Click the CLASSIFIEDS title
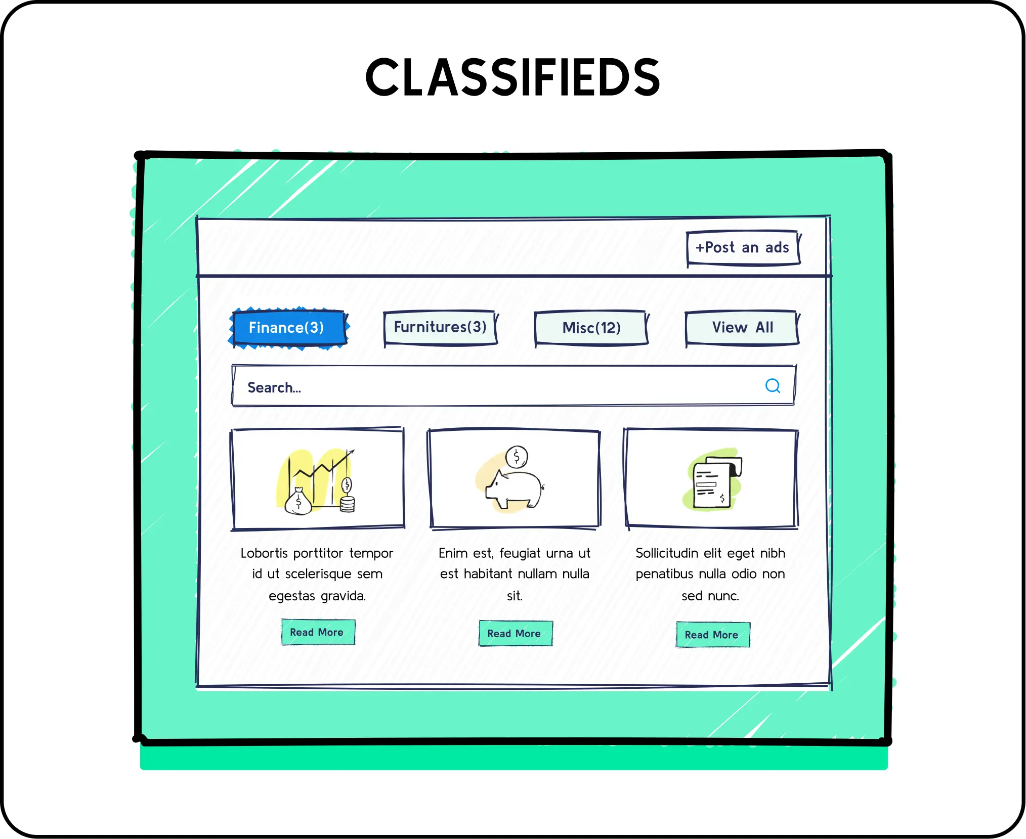point(512,77)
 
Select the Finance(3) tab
point(287,328)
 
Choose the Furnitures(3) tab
point(440,327)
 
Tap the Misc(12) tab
point(591,328)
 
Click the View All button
point(742,328)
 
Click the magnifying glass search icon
point(773,386)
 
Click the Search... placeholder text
point(274,388)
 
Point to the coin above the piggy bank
point(517,457)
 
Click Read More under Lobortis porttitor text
point(317,632)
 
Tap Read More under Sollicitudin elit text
point(712,635)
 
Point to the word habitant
point(488,574)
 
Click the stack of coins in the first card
point(347,504)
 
